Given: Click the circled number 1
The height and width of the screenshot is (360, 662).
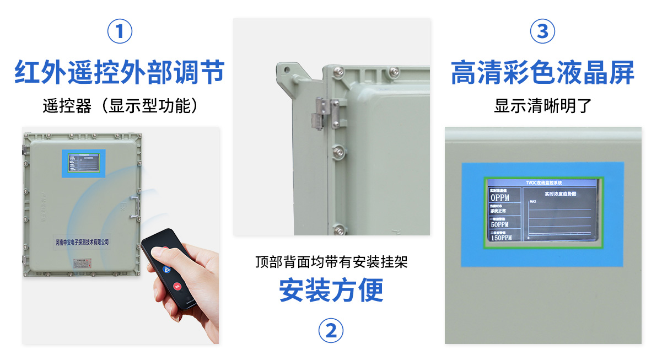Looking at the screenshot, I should [120, 31].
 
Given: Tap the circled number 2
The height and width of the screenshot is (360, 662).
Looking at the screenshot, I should [331, 331].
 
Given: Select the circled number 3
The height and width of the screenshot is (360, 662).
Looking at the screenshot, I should [542, 31].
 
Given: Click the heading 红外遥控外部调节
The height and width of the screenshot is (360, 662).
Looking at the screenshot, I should [120, 72].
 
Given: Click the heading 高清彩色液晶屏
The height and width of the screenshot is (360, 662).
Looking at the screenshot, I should [542, 72].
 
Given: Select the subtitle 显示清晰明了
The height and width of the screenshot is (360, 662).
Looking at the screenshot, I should [542, 106].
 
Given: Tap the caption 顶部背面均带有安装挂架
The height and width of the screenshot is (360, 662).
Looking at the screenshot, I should [331, 262].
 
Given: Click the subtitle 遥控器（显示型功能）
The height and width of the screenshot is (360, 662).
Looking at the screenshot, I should [120, 106].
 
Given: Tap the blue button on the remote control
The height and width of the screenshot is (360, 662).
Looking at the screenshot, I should [166, 268].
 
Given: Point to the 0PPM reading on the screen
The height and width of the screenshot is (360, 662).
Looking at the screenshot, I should [500, 197].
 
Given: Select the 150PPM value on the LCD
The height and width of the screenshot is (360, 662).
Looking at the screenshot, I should [501, 238].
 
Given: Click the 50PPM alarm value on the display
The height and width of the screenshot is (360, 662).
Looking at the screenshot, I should [499, 224].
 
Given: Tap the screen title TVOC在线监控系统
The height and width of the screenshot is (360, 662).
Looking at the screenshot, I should [543, 182].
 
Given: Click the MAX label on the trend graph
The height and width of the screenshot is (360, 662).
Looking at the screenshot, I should [533, 202].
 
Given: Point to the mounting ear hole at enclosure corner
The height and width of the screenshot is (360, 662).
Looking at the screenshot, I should [286, 70].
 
